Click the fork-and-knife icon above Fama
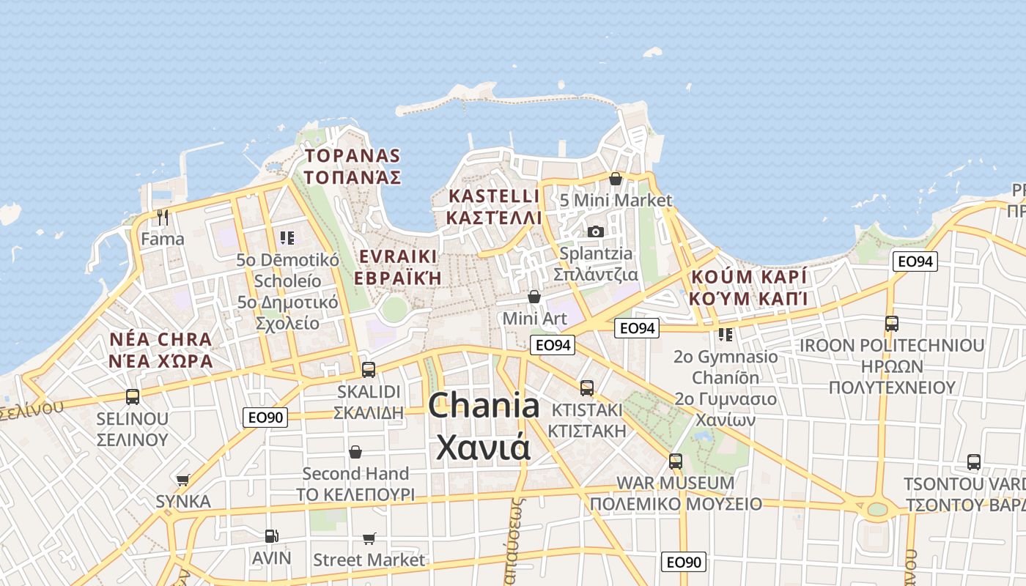pos(163,218)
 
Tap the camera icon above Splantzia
pos(595,231)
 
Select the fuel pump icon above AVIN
pos(271,536)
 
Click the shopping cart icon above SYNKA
pos(182,481)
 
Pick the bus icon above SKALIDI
pos(369,370)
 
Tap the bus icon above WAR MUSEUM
pos(675,461)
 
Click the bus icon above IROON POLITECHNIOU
pos(891,323)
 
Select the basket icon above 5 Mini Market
pos(616,179)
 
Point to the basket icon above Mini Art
pos(534,297)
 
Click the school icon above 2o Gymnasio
pos(725,335)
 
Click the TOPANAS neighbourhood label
pos(353,155)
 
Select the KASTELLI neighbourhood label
pos(493,196)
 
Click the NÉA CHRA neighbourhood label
pos(160,340)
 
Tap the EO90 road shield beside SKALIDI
pos(265,418)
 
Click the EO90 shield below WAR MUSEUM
pos(683,562)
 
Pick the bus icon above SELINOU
pos(133,397)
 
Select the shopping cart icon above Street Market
pos(369,539)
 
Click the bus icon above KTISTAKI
pos(586,387)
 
